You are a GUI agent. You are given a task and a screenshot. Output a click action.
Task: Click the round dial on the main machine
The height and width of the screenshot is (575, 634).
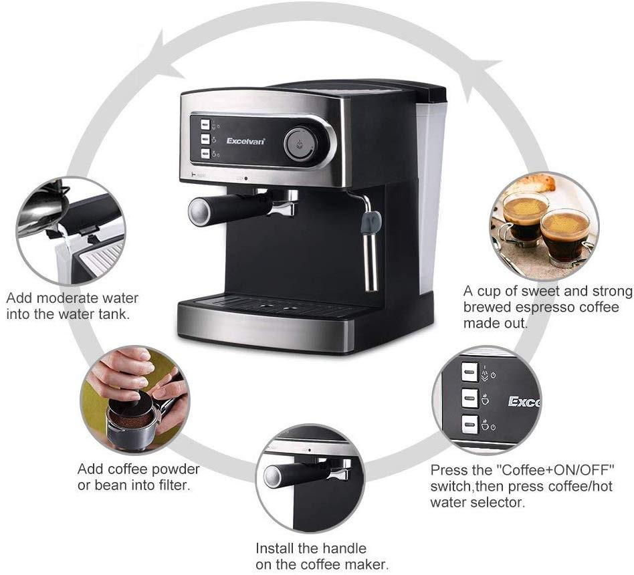[x=299, y=144]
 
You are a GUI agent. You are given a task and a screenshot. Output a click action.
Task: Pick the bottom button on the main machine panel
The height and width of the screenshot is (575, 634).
[x=204, y=154]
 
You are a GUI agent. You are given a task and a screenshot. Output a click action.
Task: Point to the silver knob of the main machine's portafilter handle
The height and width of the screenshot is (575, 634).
[x=199, y=211]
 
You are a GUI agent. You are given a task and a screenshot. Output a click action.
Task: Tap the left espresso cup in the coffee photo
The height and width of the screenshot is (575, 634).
[x=524, y=217]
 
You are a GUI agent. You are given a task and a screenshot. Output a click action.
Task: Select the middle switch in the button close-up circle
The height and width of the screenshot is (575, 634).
[x=469, y=398]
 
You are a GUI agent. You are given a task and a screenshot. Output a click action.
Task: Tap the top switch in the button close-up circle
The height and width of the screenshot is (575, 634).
[x=469, y=371]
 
